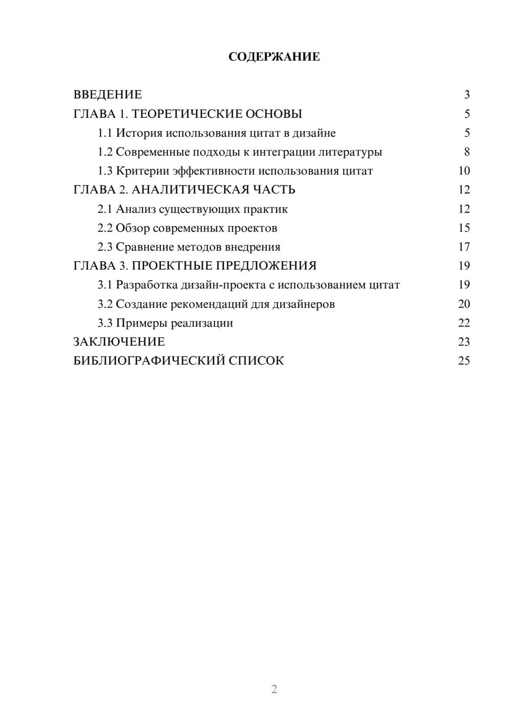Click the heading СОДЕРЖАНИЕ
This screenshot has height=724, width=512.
pyautogui.click(x=274, y=57)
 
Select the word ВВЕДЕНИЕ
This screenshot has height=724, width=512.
pyautogui.click(x=108, y=95)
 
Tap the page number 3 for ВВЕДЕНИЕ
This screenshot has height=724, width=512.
pyautogui.click(x=466, y=95)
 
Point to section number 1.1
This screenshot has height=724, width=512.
pyautogui.click(x=105, y=133)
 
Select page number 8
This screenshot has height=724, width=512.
pyautogui.click(x=466, y=152)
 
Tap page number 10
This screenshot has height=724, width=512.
pyautogui.click(x=464, y=171)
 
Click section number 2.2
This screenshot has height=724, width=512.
pyautogui.click(x=105, y=228)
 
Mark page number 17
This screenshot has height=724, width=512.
pyautogui.click(x=464, y=247)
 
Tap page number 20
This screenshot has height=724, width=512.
pyautogui.click(x=464, y=304)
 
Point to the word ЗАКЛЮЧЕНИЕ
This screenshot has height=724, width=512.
pyautogui.click(x=119, y=342)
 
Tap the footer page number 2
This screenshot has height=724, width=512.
pyautogui.click(x=274, y=689)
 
